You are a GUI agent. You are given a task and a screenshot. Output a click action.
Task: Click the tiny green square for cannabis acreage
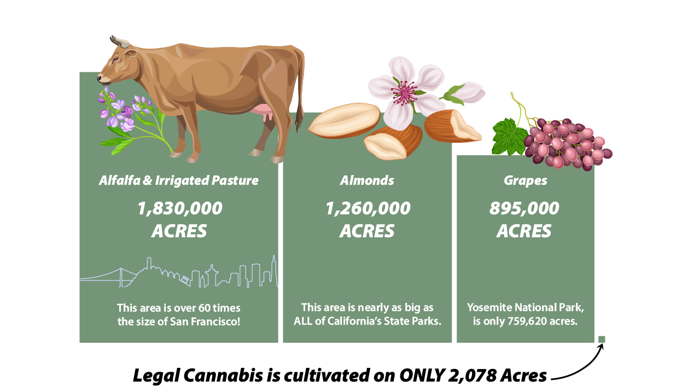tap(602, 339)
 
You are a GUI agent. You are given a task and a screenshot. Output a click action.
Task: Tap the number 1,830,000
tap(180, 209)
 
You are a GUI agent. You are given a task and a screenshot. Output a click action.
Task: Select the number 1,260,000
tap(367, 209)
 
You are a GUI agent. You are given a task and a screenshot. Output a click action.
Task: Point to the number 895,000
tap(524, 208)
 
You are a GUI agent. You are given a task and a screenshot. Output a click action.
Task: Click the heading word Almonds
tap(367, 180)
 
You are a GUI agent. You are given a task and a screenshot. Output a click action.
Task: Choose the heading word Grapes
tap(526, 181)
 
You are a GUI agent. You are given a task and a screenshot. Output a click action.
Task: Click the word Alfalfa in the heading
tap(120, 180)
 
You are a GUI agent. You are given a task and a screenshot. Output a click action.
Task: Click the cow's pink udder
tap(264, 112)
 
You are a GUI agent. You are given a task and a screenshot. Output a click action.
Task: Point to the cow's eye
tap(116, 59)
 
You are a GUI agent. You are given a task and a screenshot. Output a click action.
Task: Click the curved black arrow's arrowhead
tap(601, 348)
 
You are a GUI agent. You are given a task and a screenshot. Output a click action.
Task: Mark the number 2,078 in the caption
tap(472, 376)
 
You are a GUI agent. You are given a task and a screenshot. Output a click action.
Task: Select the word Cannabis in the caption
tap(223, 375)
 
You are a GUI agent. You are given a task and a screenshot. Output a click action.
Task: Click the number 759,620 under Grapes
tap(530, 321)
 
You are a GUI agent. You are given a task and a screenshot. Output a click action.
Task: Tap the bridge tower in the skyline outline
tap(121, 277)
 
